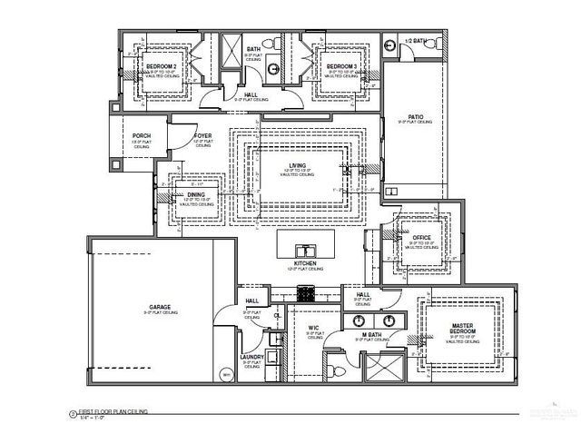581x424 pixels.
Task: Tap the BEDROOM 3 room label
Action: tap(340, 67)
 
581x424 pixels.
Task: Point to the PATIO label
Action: tap(417, 117)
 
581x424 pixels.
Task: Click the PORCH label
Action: tap(142, 136)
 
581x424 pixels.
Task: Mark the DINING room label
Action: tap(196, 195)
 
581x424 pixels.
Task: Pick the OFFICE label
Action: tap(422, 238)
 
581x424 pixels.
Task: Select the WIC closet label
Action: tap(310, 329)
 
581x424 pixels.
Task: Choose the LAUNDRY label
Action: tap(251, 358)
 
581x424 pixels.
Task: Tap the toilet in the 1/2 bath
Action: tap(391, 44)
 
